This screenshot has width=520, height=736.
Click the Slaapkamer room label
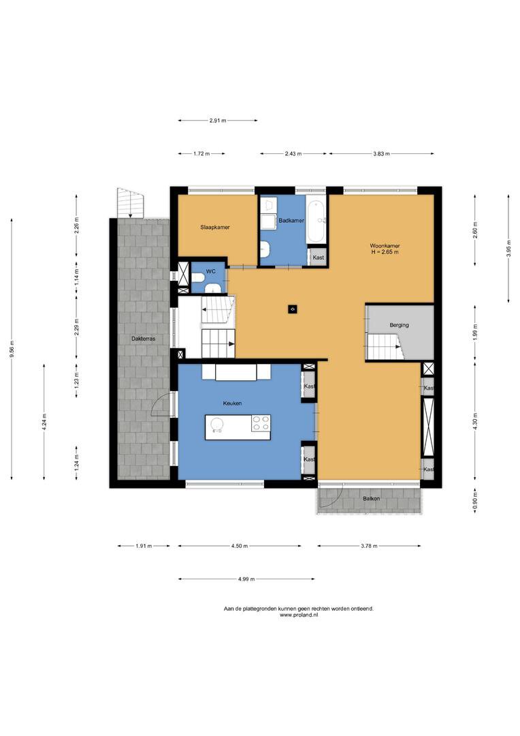pyautogui.click(x=215, y=227)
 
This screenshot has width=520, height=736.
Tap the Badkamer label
pyautogui.click(x=291, y=220)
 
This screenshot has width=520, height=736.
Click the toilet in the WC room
pyautogui.click(x=197, y=277)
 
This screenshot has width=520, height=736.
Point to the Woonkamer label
pyautogui.click(x=385, y=245)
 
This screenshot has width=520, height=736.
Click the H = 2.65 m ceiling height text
pyautogui.click(x=385, y=252)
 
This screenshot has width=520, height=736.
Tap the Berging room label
pyautogui.click(x=399, y=325)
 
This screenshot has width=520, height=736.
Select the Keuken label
pyautogui.click(x=232, y=403)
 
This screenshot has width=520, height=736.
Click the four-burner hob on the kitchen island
pyautogui.click(x=261, y=423)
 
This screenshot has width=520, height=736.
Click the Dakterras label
pyautogui.click(x=143, y=339)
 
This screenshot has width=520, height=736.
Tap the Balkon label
pyautogui.click(x=372, y=498)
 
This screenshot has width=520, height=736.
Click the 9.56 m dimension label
pyautogui.click(x=12, y=349)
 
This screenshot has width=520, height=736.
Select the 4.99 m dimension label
pyautogui.click(x=246, y=579)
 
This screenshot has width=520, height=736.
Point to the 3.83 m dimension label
pyautogui.click(x=382, y=153)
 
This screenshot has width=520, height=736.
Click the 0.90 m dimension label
pyautogui.click(x=476, y=501)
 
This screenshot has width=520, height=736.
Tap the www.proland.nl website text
pyautogui.click(x=299, y=615)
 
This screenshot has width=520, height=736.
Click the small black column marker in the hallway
pyautogui.click(x=292, y=309)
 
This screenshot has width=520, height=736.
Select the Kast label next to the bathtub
pyautogui.click(x=319, y=258)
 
